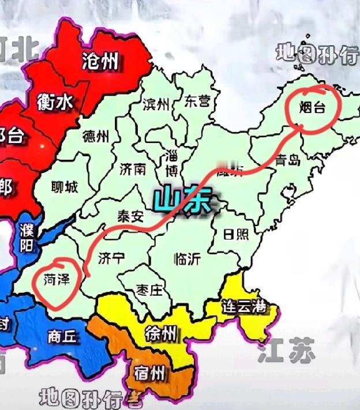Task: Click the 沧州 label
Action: click(x=100, y=62)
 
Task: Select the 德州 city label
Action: click(x=96, y=137)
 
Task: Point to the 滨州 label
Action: click(x=156, y=104)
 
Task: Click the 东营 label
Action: click(x=197, y=102)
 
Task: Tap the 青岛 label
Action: click(x=287, y=160)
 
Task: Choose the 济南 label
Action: click(x=133, y=169)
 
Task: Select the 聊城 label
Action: click(x=63, y=187)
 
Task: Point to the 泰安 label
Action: click(x=130, y=216)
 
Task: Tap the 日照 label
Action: click(x=237, y=234)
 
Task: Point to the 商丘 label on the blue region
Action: click(x=62, y=337)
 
